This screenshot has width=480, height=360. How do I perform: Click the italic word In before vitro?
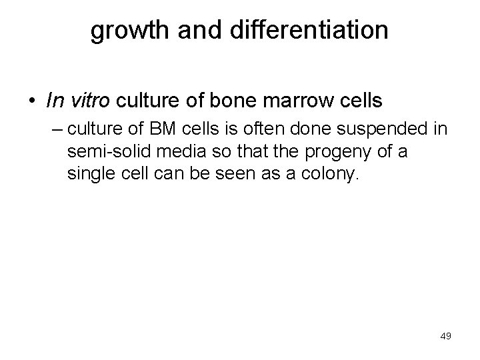(55, 101)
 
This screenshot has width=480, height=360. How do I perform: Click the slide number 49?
(445, 336)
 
